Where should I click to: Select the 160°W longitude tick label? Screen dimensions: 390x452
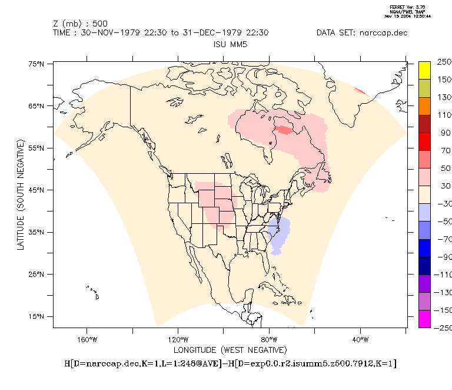click(87, 339)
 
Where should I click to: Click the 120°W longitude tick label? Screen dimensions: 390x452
click(178, 339)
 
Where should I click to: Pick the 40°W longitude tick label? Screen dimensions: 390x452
click(360, 339)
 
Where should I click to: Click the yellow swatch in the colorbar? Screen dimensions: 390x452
click(424, 70)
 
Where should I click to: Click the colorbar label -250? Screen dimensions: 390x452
click(443, 328)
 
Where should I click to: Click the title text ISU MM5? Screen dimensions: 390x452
click(230, 44)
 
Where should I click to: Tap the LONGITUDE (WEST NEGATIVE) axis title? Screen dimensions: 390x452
click(230, 349)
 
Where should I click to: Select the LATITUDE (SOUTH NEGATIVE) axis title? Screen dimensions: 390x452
click(21, 194)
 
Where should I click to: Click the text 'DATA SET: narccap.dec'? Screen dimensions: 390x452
click(361, 33)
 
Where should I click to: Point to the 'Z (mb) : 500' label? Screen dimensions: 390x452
click(79, 24)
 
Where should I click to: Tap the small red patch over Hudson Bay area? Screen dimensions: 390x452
click(284, 130)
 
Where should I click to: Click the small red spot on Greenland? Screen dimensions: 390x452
click(360, 91)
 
